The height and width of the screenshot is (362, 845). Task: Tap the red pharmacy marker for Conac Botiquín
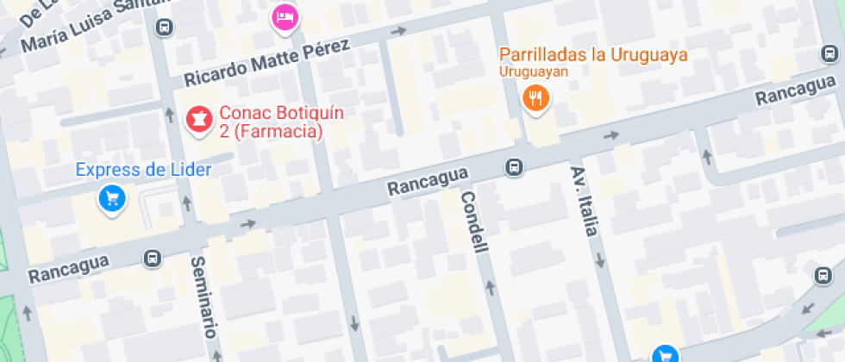(x=199, y=120)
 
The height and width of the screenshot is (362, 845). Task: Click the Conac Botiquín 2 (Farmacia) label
(x=271, y=122)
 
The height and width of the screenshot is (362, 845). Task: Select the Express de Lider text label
(x=143, y=170)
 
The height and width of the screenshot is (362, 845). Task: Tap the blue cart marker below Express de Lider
(x=111, y=199)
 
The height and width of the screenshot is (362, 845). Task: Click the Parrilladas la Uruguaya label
(x=593, y=55)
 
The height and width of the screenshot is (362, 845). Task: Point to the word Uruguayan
(x=534, y=72)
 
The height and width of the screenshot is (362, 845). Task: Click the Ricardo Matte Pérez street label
(x=266, y=63)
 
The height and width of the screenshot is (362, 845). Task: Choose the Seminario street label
(x=203, y=296)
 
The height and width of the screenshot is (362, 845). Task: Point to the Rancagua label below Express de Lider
(x=68, y=268)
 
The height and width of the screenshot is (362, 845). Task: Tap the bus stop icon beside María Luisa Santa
(x=162, y=28)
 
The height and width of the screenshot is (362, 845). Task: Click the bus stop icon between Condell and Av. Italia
(x=514, y=166)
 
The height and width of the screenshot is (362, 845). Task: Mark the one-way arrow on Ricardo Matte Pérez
(x=397, y=32)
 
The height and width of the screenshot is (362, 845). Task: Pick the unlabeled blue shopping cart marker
(x=663, y=354)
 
